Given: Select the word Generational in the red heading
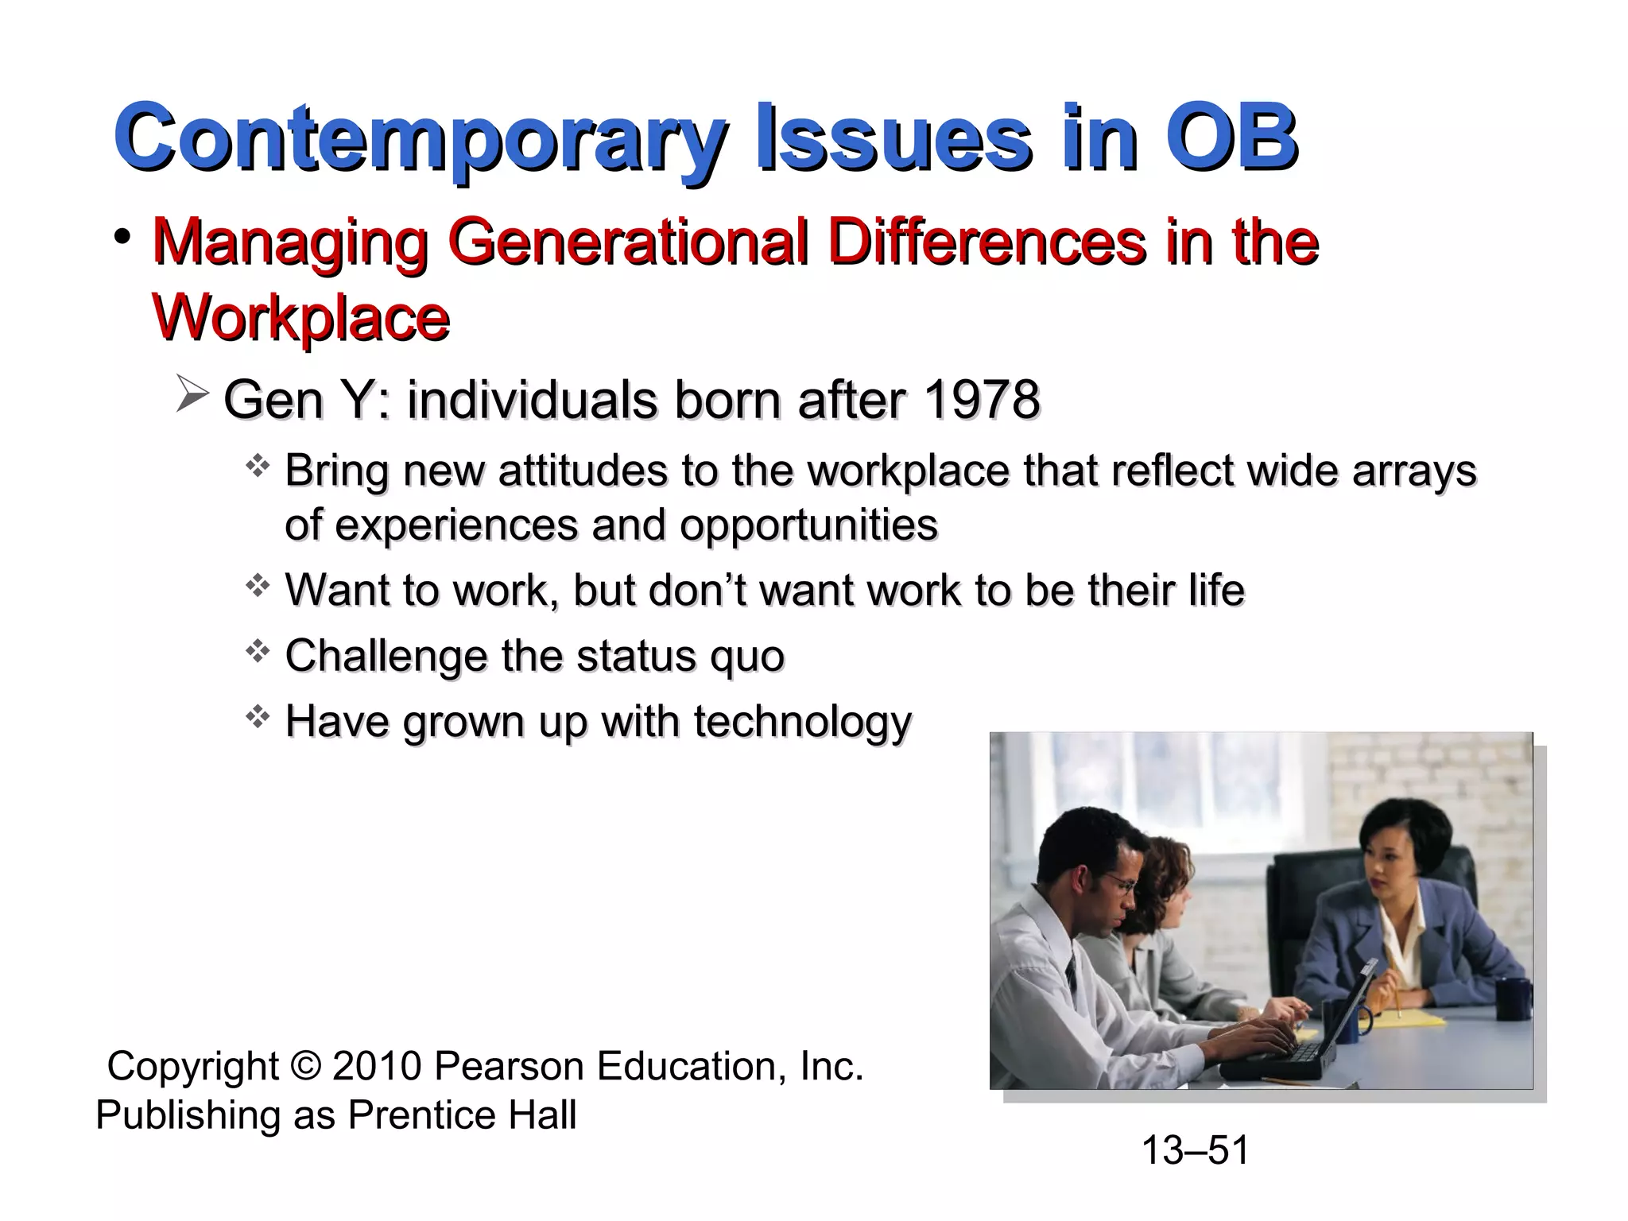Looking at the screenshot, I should [628, 242].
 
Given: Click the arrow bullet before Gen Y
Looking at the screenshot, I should [192, 395].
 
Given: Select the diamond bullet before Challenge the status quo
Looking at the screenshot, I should [258, 653].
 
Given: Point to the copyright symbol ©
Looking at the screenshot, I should [305, 1066].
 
